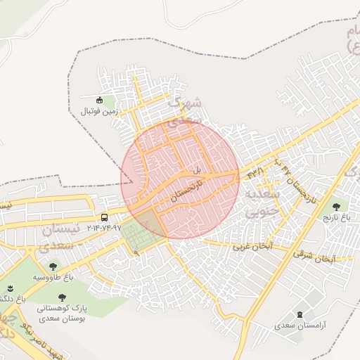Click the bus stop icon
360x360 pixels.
coord(104,217)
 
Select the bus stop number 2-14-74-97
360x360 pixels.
coord(104,228)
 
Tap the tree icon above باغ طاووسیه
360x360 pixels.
coord(53,266)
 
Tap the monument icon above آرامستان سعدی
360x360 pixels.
coord(302,314)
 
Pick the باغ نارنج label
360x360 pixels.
coord(335,218)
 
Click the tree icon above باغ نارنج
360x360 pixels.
coord(336,207)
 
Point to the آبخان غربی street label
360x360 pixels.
coord(252,247)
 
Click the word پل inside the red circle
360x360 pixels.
coord(198,171)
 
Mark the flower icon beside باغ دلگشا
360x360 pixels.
coord(10,288)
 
